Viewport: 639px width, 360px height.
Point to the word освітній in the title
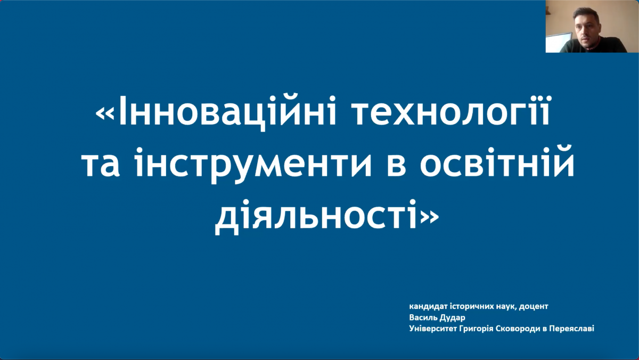coord(497,161)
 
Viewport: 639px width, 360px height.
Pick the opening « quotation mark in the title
coord(105,113)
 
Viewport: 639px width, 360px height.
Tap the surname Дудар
coord(452,318)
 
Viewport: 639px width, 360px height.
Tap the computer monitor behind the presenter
coord(558,42)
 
